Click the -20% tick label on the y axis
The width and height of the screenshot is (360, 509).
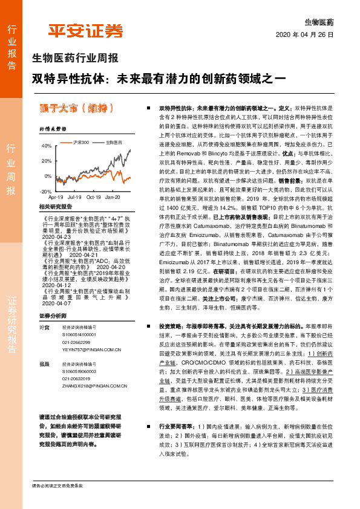pyautogui.click(x=46, y=191)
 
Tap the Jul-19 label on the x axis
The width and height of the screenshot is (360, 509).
pyautogui.click(x=74, y=197)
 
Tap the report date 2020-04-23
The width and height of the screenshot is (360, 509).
pyautogui.click(x=54, y=238)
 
